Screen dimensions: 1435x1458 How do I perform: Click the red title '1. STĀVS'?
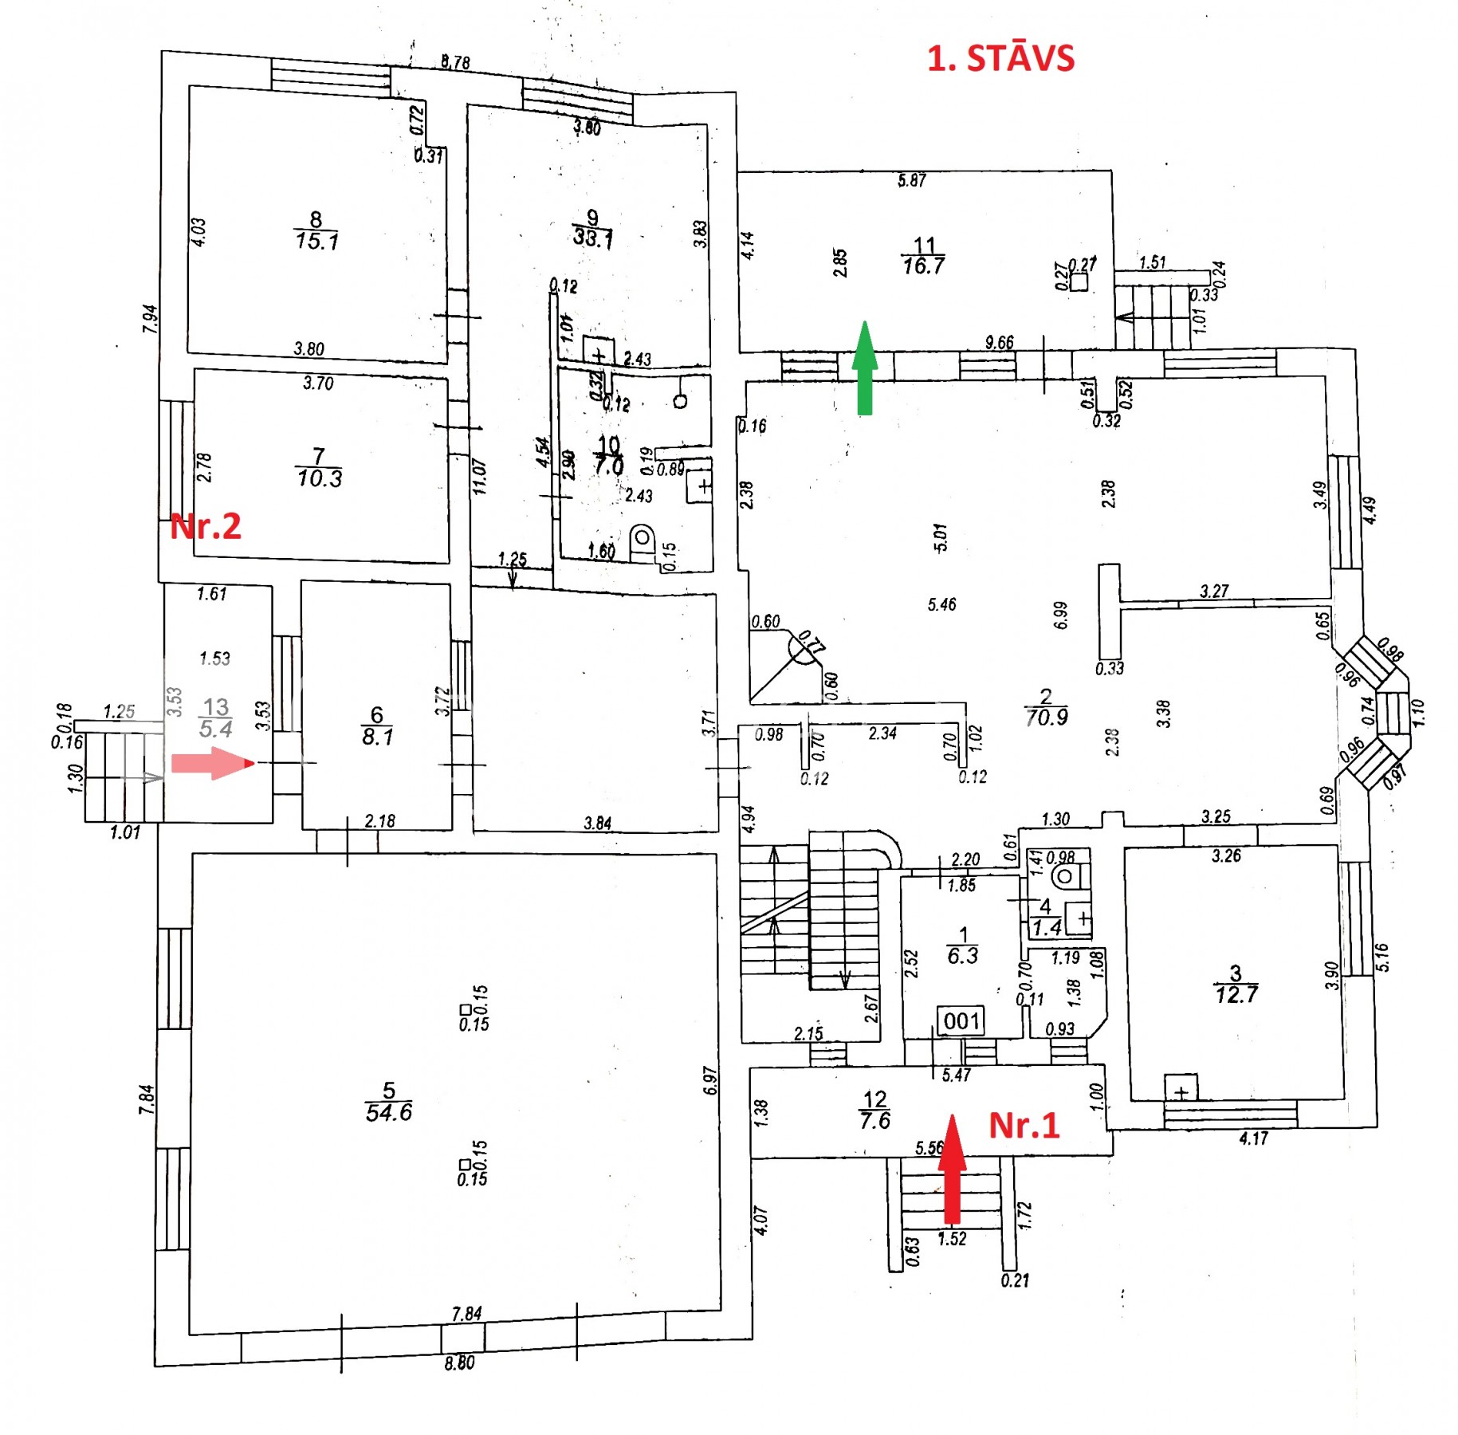click(1000, 59)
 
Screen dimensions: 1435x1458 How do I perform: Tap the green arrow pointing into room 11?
click(864, 368)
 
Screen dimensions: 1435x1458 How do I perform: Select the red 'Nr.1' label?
click(1024, 1125)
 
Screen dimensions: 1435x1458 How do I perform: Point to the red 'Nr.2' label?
click(205, 526)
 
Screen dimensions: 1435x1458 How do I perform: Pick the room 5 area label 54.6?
click(388, 1112)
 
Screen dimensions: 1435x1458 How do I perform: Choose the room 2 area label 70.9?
click(1046, 717)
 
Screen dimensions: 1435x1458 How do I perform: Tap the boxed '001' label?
click(961, 1021)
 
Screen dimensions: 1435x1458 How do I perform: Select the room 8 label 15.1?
click(316, 240)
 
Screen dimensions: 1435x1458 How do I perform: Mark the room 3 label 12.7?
click(1236, 994)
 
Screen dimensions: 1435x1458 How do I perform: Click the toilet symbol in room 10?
click(642, 540)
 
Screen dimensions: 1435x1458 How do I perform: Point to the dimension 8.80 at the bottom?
click(459, 1362)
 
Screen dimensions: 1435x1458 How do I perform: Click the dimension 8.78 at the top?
click(455, 62)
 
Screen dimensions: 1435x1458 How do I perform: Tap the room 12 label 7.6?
click(874, 1120)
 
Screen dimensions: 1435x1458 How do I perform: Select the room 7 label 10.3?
click(319, 478)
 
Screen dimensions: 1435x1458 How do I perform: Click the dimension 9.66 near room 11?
click(999, 343)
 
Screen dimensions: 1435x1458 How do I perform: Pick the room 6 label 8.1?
click(377, 736)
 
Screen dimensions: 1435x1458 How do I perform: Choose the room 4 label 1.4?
click(1047, 927)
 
